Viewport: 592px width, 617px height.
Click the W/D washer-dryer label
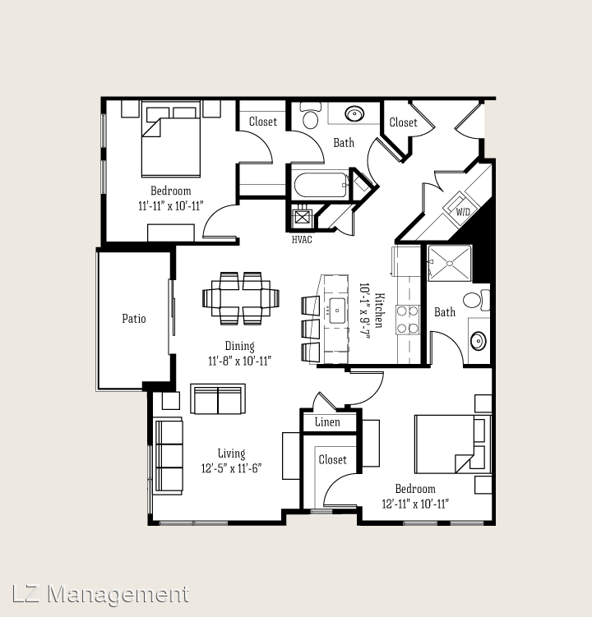pyautogui.click(x=463, y=212)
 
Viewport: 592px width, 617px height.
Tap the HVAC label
pyautogui.click(x=302, y=240)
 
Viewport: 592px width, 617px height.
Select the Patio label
pyautogui.click(x=134, y=318)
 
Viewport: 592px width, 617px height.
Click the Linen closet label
pyautogui.click(x=327, y=422)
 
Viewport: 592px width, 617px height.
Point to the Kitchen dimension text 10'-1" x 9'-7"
pyautogui.click(x=365, y=311)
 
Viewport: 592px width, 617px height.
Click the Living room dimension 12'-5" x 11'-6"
pyautogui.click(x=232, y=468)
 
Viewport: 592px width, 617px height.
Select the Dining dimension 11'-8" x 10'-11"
pyautogui.click(x=239, y=361)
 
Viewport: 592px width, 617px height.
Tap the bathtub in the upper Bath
pyautogui.click(x=321, y=185)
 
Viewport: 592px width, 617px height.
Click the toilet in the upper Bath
pyautogui.click(x=311, y=115)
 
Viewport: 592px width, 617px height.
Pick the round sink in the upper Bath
pyautogui.click(x=354, y=114)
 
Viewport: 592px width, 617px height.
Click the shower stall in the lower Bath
pyautogui.click(x=450, y=263)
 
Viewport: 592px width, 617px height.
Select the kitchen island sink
pyautogui.click(x=337, y=311)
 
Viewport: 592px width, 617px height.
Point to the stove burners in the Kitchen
pyautogui.click(x=407, y=320)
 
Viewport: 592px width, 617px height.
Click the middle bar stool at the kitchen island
pyautogui.click(x=310, y=329)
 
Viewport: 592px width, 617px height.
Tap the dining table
pyautogui.click(x=241, y=298)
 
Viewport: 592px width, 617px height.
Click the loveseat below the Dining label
pyautogui.click(x=218, y=399)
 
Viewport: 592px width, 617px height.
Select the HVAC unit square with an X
pyautogui.click(x=302, y=217)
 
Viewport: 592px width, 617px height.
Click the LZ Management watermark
pyautogui.click(x=100, y=594)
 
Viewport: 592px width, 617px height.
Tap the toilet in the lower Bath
pyautogui.click(x=475, y=300)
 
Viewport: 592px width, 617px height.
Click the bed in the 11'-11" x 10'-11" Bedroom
pyautogui.click(x=171, y=139)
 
